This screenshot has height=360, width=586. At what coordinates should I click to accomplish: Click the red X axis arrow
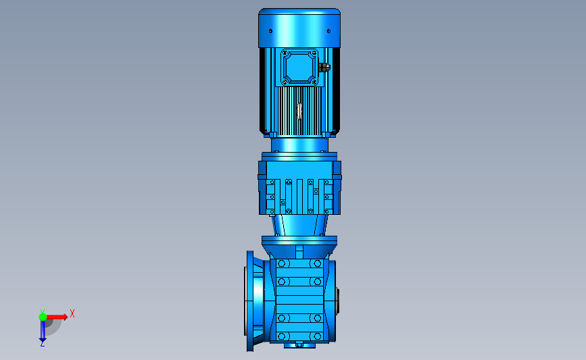(x=57, y=317)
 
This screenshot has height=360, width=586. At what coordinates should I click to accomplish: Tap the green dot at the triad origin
(x=43, y=317)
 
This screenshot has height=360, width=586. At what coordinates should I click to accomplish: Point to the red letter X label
(x=72, y=313)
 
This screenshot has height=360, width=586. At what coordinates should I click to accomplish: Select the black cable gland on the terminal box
(x=324, y=68)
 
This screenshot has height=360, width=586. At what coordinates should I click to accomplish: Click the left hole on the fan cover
(x=270, y=31)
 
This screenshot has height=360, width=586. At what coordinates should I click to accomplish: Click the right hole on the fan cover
(x=328, y=31)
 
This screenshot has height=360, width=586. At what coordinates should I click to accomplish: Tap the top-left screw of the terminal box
(x=285, y=53)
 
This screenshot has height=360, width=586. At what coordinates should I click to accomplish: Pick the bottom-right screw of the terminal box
(x=314, y=82)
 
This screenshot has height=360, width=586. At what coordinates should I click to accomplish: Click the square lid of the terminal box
(x=299, y=68)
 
